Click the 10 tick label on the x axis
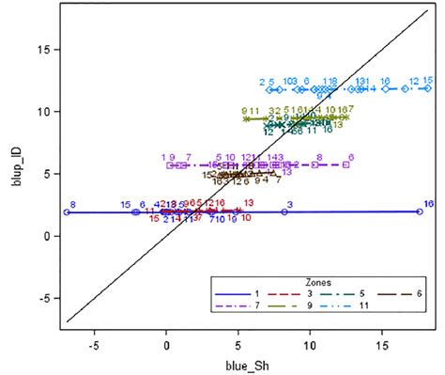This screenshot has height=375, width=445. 311,345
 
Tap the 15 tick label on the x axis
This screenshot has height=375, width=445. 383,345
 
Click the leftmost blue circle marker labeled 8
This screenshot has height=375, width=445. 67,212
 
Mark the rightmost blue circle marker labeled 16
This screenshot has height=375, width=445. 420,211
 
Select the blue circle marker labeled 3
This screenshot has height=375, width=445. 284,212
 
